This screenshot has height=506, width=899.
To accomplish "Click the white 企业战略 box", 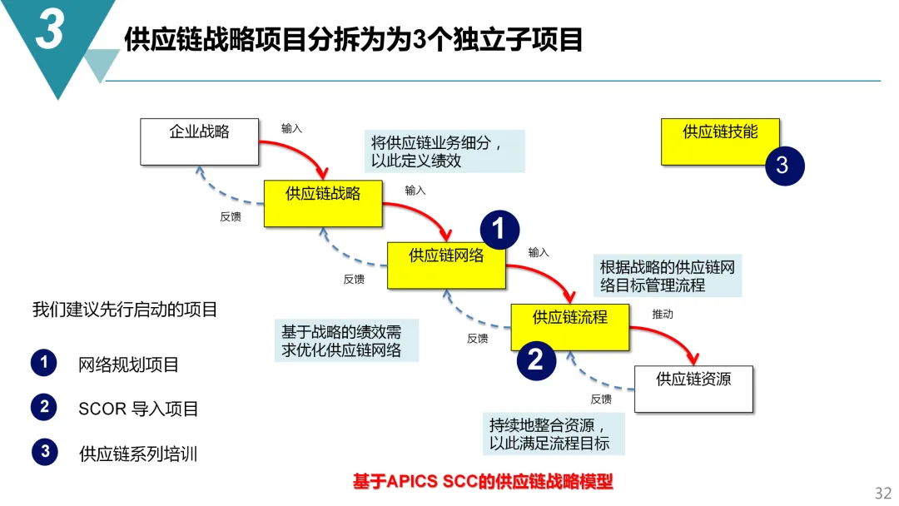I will (199, 141).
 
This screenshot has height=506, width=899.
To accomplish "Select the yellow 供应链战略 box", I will (323, 203).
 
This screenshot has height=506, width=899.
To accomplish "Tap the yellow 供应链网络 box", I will (446, 265).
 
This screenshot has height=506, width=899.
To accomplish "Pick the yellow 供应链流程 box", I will (569, 326).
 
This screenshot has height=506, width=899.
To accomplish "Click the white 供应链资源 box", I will (693, 389).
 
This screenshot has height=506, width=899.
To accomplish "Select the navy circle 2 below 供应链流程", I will (536, 360).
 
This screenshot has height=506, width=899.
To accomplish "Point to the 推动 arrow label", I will (663, 315).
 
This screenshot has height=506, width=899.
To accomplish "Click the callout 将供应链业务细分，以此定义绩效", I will (445, 151).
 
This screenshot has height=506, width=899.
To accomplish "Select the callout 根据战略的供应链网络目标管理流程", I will (667, 276).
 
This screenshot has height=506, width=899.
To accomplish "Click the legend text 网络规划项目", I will (128, 365).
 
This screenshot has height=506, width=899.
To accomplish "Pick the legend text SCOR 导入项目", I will (138, 409).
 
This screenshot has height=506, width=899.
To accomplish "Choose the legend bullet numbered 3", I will (45, 452).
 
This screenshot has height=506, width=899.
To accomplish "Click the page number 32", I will (882, 493).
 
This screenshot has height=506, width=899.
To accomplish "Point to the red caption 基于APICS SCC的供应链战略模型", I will (483, 482).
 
